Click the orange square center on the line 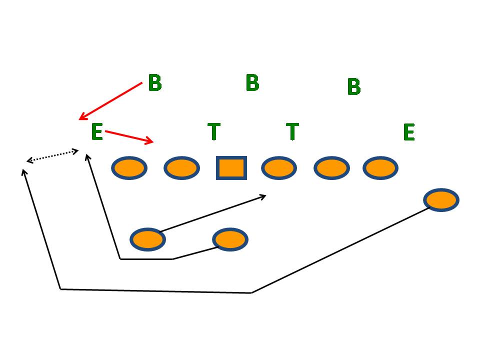[x=231, y=167]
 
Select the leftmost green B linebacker [x=155, y=83]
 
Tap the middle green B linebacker [x=252, y=83]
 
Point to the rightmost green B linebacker [x=353, y=87]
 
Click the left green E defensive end [x=97, y=132]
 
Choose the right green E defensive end [x=408, y=132]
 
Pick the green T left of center [x=214, y=131]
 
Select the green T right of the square [x=292, y=131]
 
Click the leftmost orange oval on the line [x=129, y=168]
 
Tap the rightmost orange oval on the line [x=380, y=168]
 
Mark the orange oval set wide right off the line [x=441, y=200]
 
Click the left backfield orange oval [x=147, y=239]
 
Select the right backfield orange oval [x=230, y=239]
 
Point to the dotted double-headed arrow [x=52, y=155]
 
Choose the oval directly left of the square [x=181, y=168]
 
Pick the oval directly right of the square [x=279, y=168]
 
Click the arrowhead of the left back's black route [x=264, y=196]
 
